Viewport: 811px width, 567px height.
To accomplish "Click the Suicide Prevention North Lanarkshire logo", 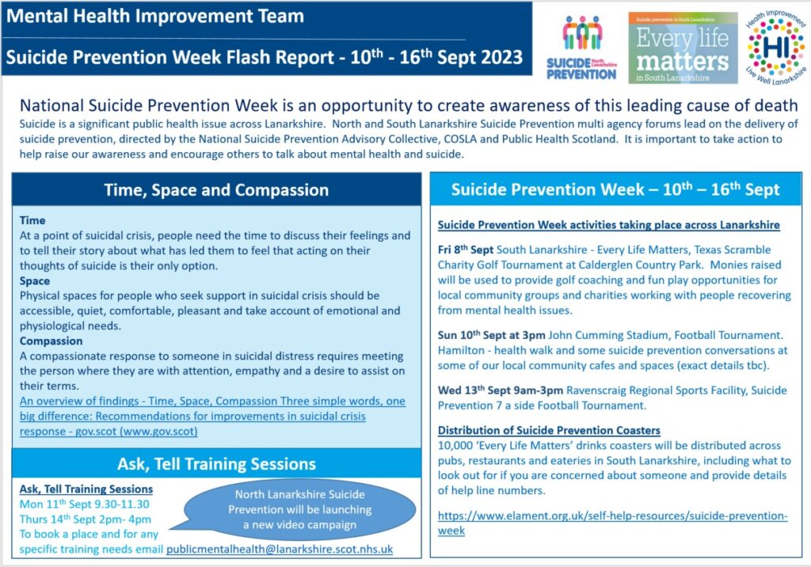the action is pyautogui.click(x=581, y=48).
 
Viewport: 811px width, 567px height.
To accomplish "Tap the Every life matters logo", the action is pyautogui.click(x=683, y=48).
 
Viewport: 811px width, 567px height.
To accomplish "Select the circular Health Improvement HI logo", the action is pyautogui.click(x=776, y=48).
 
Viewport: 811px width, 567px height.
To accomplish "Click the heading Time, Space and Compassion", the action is pyautogui.click(x=216, y=190).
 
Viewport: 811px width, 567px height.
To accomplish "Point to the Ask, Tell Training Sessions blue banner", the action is pyautogui.click(x=216, y=463).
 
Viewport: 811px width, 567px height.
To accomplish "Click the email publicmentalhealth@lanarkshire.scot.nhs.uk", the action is pyautogui.click(x=280, y=549).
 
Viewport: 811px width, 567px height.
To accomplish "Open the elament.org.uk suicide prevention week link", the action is pyautogui.click(x=612, y=523).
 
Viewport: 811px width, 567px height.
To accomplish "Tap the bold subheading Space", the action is pyautogui.click(x=35, y=281).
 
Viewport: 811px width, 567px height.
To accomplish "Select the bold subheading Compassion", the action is pyautogui.click(x=51, y=341).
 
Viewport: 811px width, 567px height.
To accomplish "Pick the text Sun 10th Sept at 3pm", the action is pyautogui.click(x=491, y=335).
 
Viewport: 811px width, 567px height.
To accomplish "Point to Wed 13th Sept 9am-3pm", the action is pyautogui.click(x=501, y=390).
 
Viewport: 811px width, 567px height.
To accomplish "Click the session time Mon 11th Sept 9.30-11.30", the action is pyautogui.click(x=84, y=504).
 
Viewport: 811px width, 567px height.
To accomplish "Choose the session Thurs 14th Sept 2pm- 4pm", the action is pyautogui.click(x=86, y=519).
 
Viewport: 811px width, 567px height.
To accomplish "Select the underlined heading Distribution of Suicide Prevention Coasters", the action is pyautogui.click(x=549, y=431).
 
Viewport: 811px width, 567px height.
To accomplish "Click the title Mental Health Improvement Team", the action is pyautogui.click(x=155, y=16).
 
